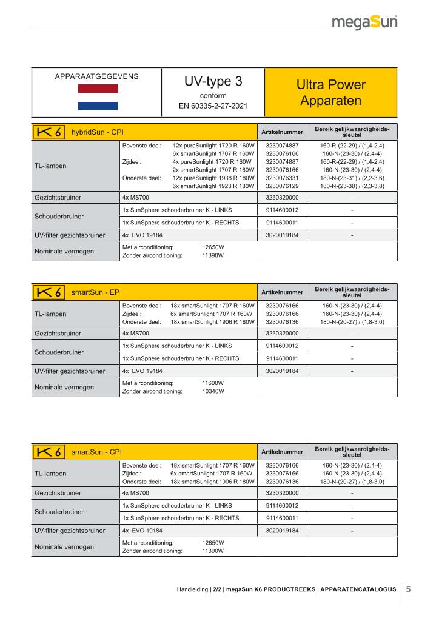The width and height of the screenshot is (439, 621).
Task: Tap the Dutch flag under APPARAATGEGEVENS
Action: [x=98, y=97]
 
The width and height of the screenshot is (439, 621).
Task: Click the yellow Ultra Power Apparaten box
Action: [x=330, y=92]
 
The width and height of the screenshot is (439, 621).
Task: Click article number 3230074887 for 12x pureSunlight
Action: [x=282, y=146]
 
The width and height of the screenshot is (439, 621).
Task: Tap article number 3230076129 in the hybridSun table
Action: [x=282, y=186]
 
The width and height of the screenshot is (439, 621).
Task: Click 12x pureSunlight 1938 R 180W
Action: [x=213, y=178]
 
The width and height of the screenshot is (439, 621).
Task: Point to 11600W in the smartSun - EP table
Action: [x=213, y=383]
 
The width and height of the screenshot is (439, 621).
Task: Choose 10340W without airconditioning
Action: [x=213, y=392]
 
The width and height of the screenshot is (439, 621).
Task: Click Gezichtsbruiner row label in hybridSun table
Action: [x=58, y=198]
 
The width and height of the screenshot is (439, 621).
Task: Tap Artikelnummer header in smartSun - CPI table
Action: [x=282, y=452]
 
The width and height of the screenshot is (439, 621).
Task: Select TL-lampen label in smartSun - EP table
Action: [x=51, y=314]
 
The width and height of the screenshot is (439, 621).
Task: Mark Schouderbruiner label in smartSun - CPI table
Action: [x=59, y=511]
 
